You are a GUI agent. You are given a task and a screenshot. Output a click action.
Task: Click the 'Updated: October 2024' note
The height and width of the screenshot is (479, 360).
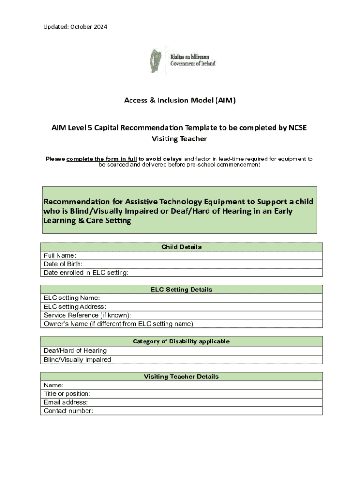tap(75, 27)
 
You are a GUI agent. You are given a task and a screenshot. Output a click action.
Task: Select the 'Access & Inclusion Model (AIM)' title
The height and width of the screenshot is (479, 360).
tap(180, 101)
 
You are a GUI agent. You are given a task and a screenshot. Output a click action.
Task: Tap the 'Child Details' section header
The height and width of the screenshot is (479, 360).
tap(181, 247)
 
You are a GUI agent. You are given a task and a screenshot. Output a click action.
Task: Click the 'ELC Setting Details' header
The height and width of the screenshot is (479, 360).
tap(181, 290)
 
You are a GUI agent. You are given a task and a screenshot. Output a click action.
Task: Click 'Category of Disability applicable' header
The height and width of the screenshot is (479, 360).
tap(181, 341)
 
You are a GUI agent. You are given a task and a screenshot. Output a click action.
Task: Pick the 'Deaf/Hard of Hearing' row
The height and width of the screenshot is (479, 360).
tap(181, 351)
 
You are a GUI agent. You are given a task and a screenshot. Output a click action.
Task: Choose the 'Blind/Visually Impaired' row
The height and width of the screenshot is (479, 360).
tap(181, 360)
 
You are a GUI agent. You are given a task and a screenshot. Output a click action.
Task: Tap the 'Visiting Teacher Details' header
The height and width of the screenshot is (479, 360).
tap(181, 377)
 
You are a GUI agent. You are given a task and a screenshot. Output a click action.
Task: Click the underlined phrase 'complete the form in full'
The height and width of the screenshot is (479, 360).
tap(102, 159)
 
